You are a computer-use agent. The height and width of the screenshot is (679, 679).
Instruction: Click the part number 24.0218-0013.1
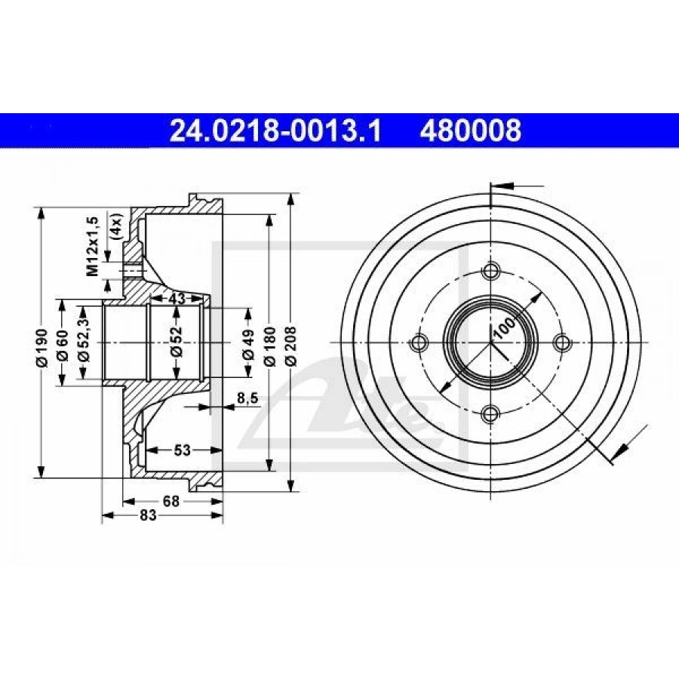(275, 131)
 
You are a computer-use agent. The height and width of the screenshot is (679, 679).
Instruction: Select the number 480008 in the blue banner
(470, 131)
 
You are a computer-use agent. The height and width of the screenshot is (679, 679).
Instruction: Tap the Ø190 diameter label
(41, 347)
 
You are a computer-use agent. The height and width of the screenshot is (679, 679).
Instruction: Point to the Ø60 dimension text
(63, 345)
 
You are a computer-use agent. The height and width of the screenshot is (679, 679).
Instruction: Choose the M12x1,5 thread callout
(93, 246)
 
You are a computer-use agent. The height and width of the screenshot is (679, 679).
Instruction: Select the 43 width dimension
(177, 298)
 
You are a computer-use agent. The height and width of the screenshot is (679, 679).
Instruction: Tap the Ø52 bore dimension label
(177, 342)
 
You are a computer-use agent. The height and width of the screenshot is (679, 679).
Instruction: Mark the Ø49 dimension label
(248, 344)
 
